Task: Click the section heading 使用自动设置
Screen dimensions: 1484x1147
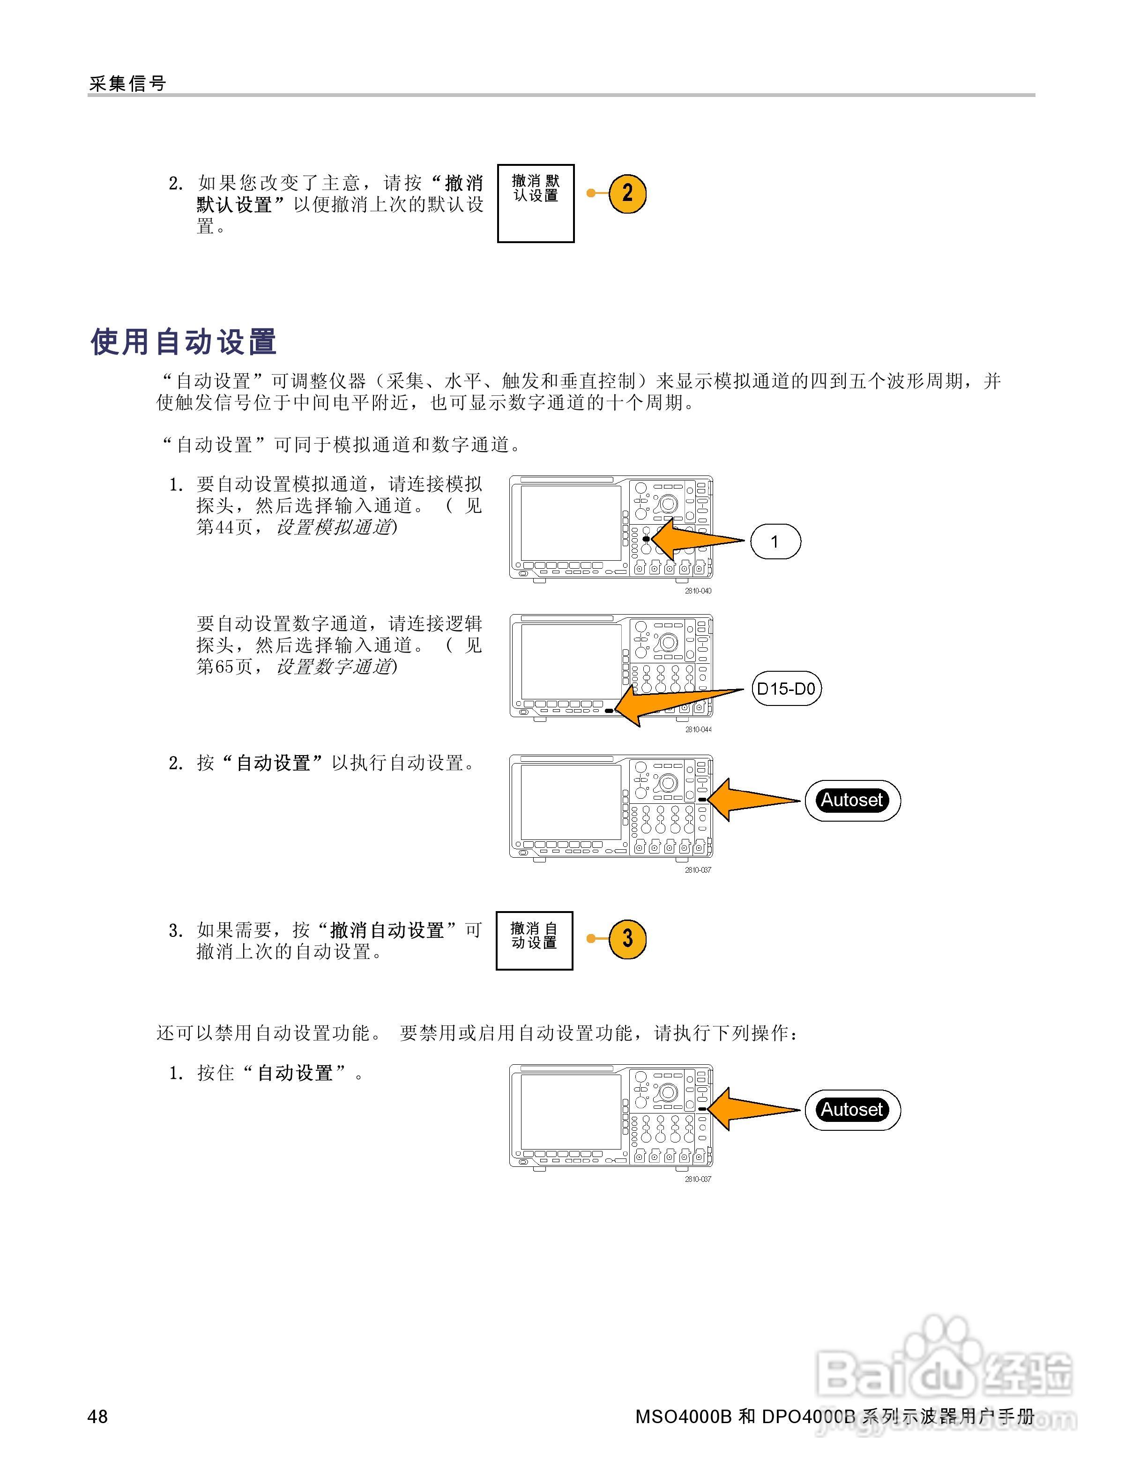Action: click(184, 342)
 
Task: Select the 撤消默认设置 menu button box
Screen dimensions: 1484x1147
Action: click(536, 203)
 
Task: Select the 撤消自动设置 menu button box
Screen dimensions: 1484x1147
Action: click(534, 941)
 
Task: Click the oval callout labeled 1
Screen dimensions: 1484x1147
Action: click(775, 542)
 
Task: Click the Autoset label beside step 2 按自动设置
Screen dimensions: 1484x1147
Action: click(852, 801)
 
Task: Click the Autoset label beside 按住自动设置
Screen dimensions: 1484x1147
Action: click(852, 1110)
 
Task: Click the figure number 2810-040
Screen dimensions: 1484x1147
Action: click(698, 591)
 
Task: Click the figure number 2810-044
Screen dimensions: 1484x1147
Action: click(698, 730)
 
